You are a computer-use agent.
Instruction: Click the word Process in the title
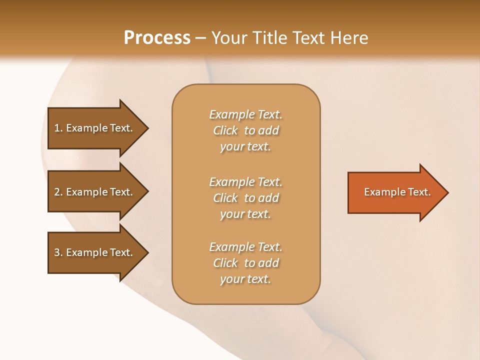point(157,38)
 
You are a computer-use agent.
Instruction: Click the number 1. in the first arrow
point(58,128)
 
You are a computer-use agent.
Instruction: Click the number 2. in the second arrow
point(58,192)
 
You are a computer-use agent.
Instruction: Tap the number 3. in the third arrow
point(58,252)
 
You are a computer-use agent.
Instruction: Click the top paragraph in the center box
point(245,130)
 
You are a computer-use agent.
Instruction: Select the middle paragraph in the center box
point(245,198)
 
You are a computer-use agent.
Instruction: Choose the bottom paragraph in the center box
point(245,263)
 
